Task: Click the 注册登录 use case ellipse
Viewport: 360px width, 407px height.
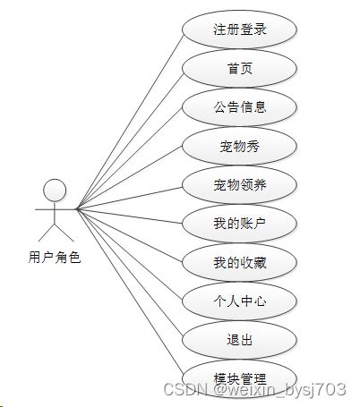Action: click(x=239, y=30)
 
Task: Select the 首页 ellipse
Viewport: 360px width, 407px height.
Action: click(x=239, y=68)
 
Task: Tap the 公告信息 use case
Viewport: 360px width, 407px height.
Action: click(x=239, y=107)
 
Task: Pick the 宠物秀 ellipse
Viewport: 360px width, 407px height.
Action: click(x=239, y=146)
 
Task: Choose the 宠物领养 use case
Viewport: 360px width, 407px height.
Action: click(x=239, y=184)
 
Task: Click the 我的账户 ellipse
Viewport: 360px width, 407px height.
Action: click(x=239, y=224)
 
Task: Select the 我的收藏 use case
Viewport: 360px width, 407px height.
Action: click(x=239, y=262)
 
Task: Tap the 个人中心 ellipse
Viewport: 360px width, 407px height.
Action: click(x=239, y=301)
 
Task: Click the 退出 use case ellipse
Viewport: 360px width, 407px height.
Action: click(x=239, y=340)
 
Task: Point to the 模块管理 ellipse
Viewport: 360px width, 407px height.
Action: click(x=239, y=378)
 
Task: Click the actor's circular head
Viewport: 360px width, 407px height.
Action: click(x=55, y=191)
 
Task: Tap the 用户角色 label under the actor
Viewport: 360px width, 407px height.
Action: click(x=55, y=258)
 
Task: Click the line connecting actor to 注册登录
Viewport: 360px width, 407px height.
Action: click(x=130, y=123)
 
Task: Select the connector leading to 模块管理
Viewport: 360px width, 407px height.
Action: click(x=130, y=292)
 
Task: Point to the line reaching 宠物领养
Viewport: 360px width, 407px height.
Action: click(x=130, y=199)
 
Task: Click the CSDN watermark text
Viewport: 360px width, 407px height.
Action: click(x=255, y=389)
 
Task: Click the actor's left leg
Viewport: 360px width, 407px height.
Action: click(x=47, y=233)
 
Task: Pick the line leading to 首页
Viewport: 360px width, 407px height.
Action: click(x=130, y=141)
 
